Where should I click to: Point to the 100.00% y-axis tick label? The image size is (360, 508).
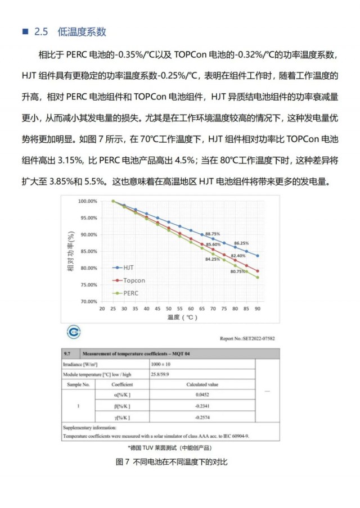coord(88,201)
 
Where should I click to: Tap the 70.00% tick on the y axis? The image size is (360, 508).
coord(88,302)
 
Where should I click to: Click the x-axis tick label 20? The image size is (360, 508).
coord(102,309)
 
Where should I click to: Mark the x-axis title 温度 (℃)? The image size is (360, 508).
coord(180,317)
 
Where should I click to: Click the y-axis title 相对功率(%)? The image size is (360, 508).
coord(71,251)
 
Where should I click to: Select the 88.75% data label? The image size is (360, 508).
coord(213,233)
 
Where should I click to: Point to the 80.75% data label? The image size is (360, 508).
coord(238,271)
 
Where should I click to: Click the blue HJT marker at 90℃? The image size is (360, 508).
coord(258,256)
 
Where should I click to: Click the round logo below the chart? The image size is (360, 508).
coord(74,332)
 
